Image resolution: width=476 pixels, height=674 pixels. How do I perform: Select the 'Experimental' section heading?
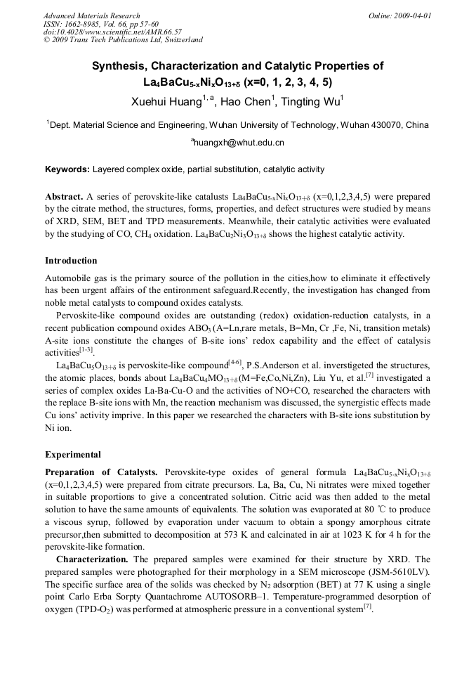point(73,454)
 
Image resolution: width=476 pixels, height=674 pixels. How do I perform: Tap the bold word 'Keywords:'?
point(67,169)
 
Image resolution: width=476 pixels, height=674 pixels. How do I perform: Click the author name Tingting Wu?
point(309,101)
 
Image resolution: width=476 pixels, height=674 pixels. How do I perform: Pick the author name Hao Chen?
point(244,101)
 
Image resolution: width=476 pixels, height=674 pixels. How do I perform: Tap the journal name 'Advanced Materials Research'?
point(91,15)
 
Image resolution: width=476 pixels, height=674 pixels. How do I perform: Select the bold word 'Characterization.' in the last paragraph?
point(92,559)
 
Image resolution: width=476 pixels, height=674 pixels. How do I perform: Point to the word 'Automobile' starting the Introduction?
point(69,278)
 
